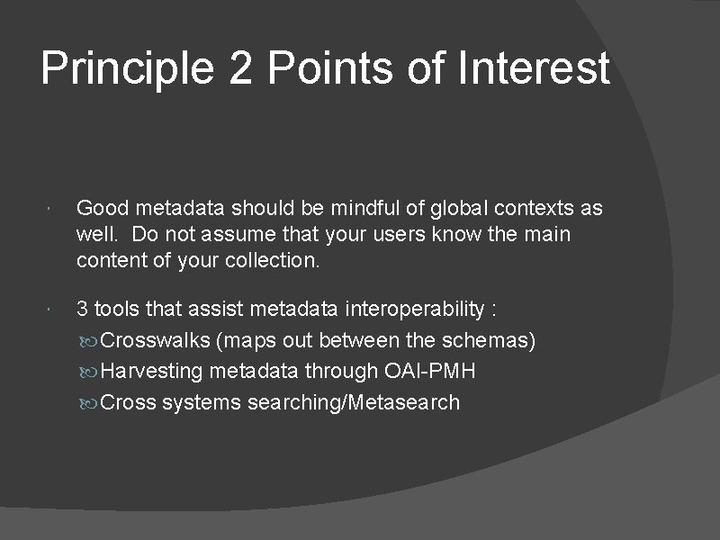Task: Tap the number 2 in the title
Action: click(240, 70)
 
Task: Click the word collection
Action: click(274, 261)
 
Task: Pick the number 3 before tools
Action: click(83, 310)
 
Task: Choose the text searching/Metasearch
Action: click(353, 402)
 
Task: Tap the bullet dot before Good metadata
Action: click(56, 210)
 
